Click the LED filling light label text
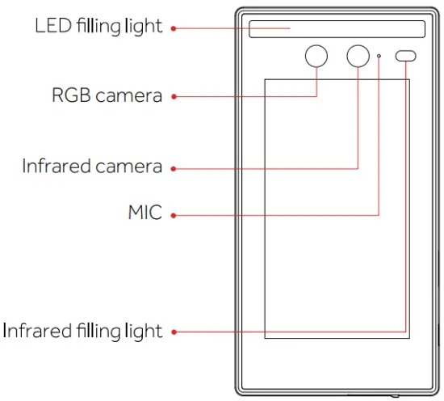[98, 26]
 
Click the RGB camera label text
[107, 95]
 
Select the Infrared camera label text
[92, 167]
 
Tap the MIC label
[145, 213]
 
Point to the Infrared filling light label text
[83, 330]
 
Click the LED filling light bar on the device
[337, 29]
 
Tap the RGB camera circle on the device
[316, 56]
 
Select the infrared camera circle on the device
[358, 56]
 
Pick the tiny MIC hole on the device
[379, 56]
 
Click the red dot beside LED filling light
[174, 28]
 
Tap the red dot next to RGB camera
[174, 96]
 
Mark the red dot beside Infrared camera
[174, 168]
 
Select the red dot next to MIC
[174, 215]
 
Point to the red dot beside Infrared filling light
[174, 331]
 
